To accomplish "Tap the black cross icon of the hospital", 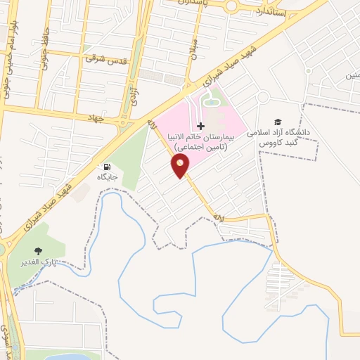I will [201, 126].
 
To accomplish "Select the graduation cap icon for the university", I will [278, 122].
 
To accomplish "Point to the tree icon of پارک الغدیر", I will [38, 251].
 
